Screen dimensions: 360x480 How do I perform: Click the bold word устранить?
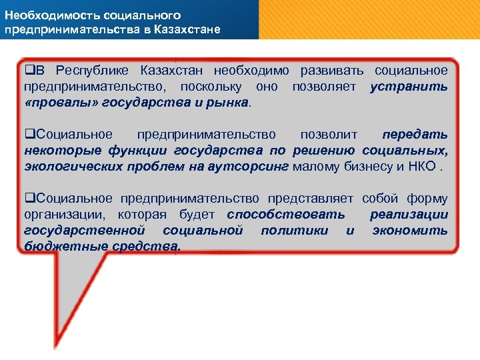pyautogui.click(x=409, y=87)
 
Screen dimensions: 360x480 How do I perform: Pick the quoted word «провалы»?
pyautogui.click(x=53, y=103)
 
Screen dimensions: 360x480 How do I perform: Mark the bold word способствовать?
pyautogui.click(x=286, y=215)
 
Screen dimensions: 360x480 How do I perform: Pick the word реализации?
pyautogui.click(x=409, y=215)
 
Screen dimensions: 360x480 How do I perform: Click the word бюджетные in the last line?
pyautogui.click(x=65, y=247)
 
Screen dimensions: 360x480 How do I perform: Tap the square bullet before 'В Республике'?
pyautogui.click(x=29, y=71)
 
